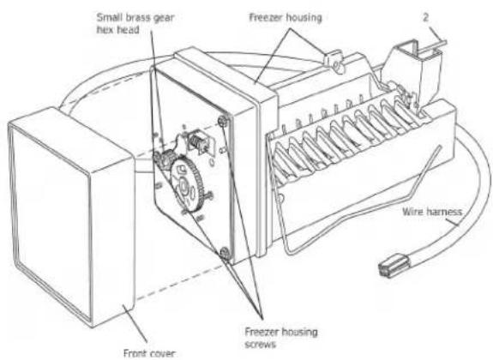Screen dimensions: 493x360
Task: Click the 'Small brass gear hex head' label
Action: click(x=135, y=24)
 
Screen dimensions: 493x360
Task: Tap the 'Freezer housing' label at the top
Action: click(x=286, y=18)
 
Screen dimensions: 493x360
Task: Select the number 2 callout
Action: click(x=425, y=17)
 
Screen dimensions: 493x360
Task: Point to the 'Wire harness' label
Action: click(x=432, y=212)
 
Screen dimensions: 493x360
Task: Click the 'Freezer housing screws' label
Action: click(x=281, y=338)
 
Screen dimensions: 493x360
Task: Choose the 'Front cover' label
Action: click(x=149, y=353)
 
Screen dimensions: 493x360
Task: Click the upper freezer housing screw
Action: click(x=223, y=121)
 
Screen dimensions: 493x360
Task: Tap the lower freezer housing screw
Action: click(x=225, y=252)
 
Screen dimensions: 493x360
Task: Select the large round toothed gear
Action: click(x=186, y=184)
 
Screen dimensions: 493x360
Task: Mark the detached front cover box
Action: click(x=72, y=217)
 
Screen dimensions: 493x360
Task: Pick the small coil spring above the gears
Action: click(x=196, y=141)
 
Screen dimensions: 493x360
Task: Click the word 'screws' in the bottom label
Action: click(x=261, y=345)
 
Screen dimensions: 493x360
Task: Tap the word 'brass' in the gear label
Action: click(x=133, y=18)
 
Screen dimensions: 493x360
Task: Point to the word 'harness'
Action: click(x=445, y=212)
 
